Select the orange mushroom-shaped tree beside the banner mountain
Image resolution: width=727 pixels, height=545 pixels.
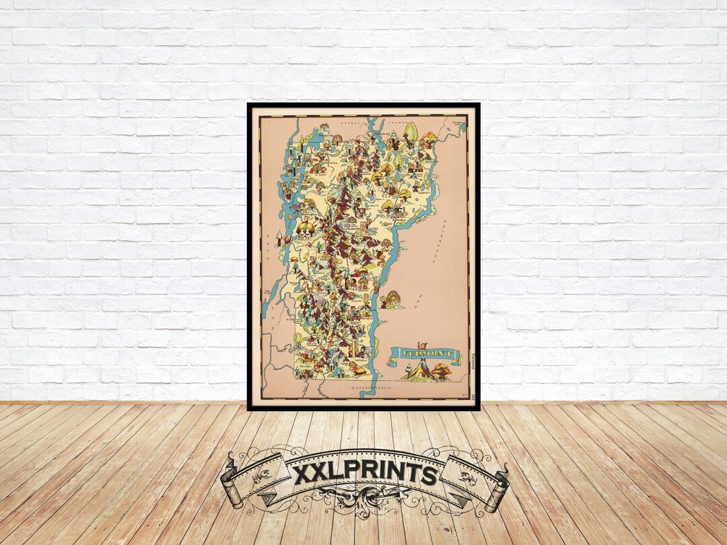pyautogui.click(x=442, y=371)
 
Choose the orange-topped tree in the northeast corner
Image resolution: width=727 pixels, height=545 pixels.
pyautogui.click(x=429, y=138)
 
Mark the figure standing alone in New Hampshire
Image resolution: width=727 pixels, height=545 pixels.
pyautogui.click(x=390, y=299)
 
